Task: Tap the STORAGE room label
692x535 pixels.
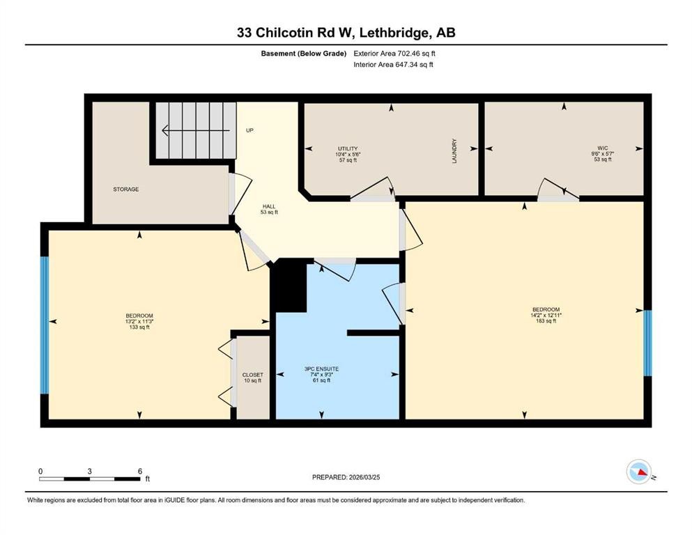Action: pos(126,189)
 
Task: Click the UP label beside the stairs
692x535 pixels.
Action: pos(249,130)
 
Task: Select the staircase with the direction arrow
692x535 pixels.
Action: pos(194,130)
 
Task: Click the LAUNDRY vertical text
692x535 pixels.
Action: pos(453,148)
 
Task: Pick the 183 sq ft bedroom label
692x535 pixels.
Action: pos(546,315)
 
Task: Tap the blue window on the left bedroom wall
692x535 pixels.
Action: pos(44,325)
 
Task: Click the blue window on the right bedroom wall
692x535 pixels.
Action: pos(647,343)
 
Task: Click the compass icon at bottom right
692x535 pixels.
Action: pos(638,472)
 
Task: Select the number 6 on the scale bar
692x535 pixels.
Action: pos(140,471)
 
